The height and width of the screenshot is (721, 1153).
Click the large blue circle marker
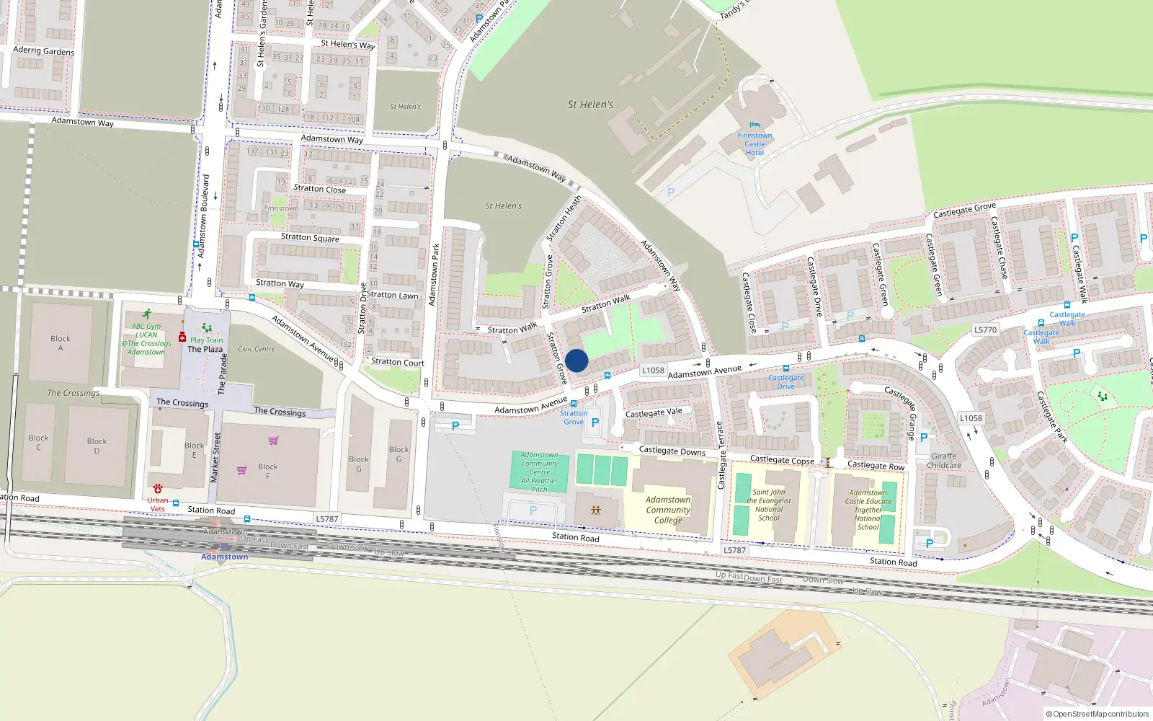(x=576, y=360)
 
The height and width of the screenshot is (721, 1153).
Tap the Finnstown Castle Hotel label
(x=754, y=143)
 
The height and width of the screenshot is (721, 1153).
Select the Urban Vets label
(x=157, y=504)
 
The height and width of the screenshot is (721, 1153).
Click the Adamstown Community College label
(x=668, y=510)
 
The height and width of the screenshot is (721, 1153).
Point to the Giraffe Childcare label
(x=944, y=461)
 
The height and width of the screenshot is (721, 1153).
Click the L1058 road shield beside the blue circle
(x=653, y=371)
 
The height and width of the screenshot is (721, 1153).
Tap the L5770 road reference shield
(x=985, y=330)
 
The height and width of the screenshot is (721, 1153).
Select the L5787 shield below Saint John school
(x=734, y=550)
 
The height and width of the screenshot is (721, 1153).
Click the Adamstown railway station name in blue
(x=224, y=557)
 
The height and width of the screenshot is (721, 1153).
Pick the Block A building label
(x=61, y=343)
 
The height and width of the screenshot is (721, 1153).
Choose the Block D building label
(x=97, y=446)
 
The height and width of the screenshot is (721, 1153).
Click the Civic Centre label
(x=257, y=349)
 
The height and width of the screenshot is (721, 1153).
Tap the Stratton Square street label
(x=310, y=237)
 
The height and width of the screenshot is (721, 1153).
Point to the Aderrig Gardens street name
(x=43, y=51)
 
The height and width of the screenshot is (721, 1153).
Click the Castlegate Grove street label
(x=964, y=210)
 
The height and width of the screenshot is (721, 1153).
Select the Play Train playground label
(x=206, y=340)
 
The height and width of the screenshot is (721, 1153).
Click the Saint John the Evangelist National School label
(x=769, y=505)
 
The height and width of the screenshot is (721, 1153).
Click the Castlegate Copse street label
(x=782, y=460)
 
